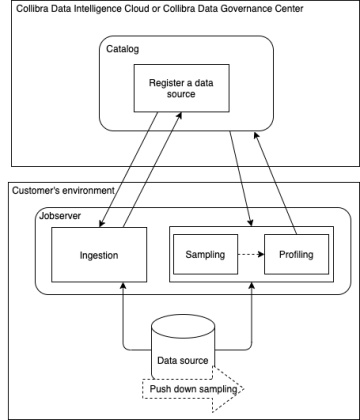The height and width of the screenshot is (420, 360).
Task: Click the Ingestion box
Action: point(99,255)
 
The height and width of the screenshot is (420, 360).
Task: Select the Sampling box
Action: point(205,254)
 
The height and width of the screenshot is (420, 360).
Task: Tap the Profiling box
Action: point(296,254)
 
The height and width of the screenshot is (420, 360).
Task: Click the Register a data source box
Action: point(182,88)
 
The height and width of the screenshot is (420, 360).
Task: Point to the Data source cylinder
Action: point(183,347)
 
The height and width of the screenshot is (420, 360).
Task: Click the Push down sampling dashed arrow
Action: point(193,389)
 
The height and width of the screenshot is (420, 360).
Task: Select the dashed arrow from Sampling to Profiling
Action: point(251,254)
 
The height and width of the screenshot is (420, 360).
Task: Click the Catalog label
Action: point(122,49)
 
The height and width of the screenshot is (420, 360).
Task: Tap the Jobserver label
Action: point(60,216)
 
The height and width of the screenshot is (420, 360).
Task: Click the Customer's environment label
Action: point(63,190)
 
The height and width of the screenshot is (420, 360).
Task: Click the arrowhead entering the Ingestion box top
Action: point(102,224)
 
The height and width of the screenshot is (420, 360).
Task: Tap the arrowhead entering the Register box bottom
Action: point(180,115)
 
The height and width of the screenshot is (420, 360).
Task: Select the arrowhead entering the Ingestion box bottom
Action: point(123,286)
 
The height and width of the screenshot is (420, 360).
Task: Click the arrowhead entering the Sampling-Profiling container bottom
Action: point(252,286)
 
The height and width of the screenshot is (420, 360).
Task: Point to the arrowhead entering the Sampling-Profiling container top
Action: point(251,223)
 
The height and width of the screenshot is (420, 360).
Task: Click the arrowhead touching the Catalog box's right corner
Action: point(256,135)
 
